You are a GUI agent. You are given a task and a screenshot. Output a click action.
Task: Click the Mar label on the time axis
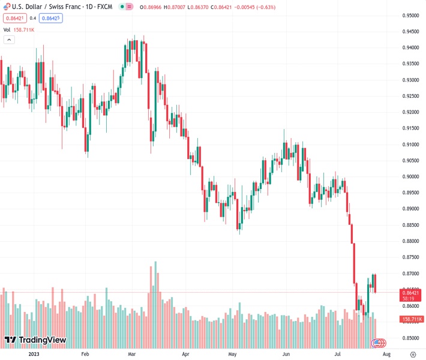[x=131, y=354]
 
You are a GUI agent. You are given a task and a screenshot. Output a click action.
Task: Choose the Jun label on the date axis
[x=286, y=354]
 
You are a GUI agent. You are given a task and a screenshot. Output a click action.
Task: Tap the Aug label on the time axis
[x=386, y=354]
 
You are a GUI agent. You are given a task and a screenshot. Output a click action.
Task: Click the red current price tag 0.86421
[x=412, y=292]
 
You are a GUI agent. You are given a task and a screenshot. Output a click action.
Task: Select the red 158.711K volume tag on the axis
[x=412, y=319]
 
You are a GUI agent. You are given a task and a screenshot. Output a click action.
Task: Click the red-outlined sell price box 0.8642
[x=12, y=18]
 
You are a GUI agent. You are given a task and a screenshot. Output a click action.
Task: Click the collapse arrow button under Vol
[x=9, y=40]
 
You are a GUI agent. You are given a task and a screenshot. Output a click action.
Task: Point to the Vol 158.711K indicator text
[x=18, y=29]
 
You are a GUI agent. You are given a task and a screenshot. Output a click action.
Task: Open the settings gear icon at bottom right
[x=412, y=354]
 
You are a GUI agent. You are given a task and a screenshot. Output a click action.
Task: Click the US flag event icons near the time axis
[x=379, y=343]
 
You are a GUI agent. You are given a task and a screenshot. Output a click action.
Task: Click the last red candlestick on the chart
[x=375, y=283]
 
